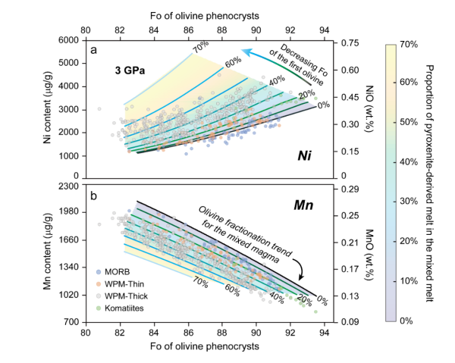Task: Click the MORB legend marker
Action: (x=99, y=271)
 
